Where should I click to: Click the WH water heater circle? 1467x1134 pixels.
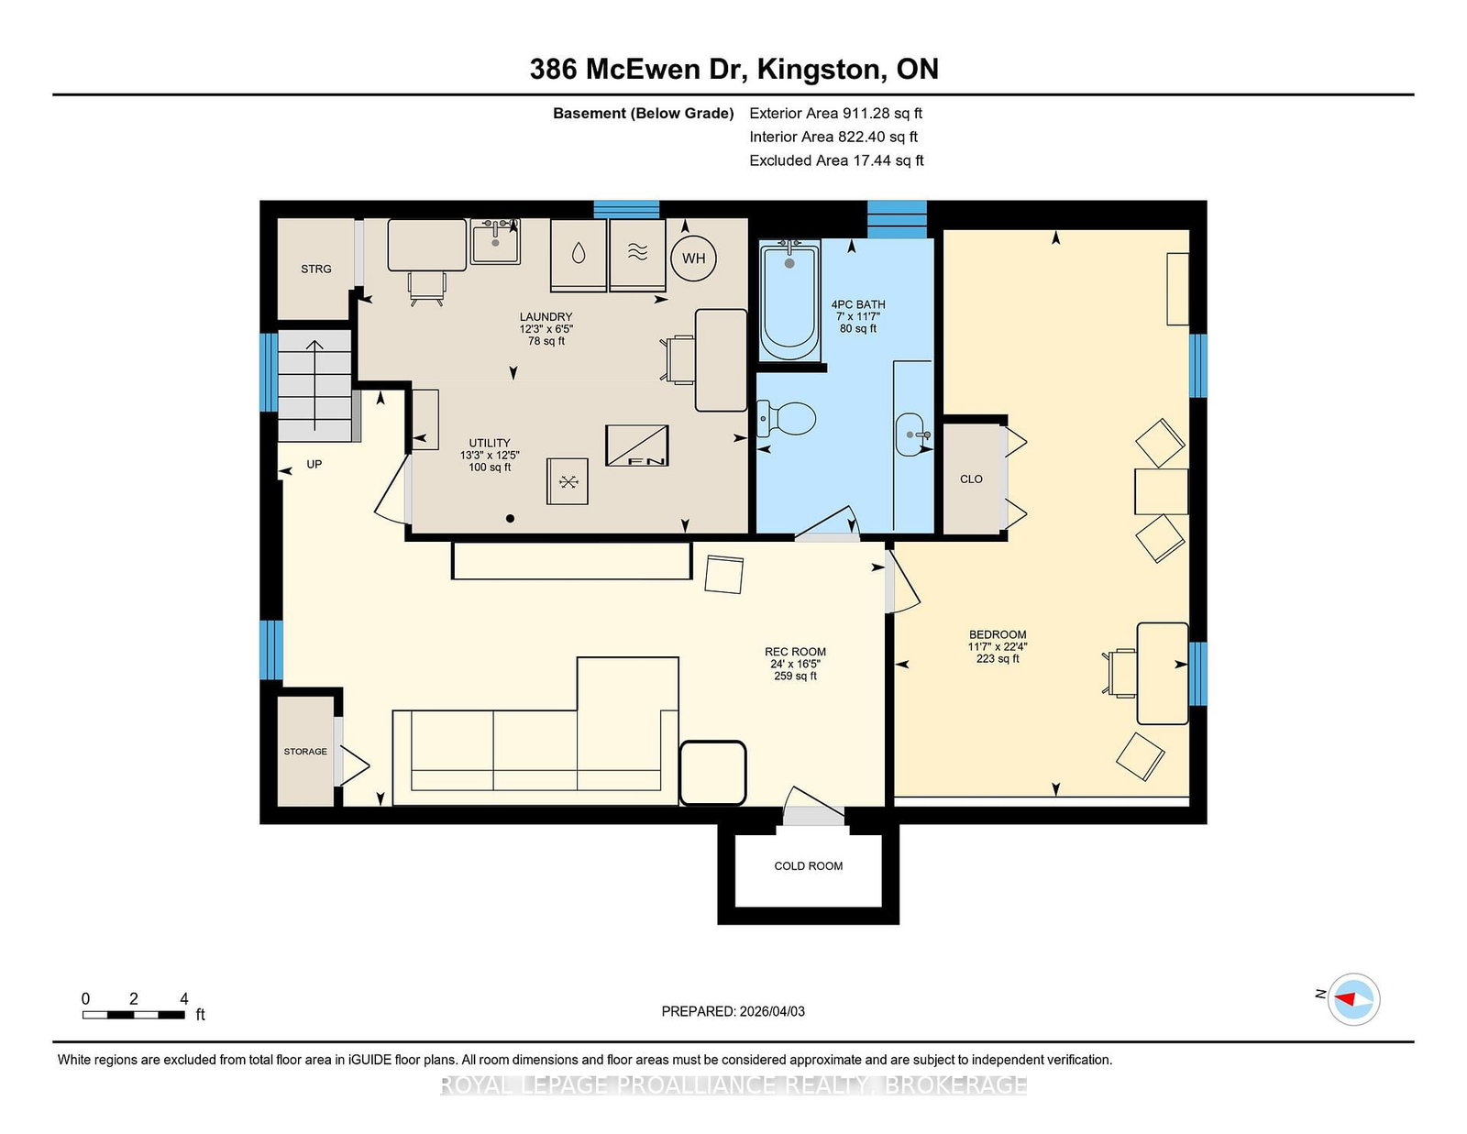click(x=693, y=258)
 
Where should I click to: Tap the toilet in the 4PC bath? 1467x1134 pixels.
click(x=786, y=419)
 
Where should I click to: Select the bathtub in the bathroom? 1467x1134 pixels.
click(x=789, y=301)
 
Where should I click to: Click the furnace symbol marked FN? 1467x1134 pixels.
click(x=636, y=446)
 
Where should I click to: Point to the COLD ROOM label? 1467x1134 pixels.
click(x=808, y=866)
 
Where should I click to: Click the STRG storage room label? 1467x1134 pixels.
click(x=316, y=269)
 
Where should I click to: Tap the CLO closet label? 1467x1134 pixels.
click(x=971, y=479)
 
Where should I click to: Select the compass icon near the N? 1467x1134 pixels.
click(x=1353, y=999)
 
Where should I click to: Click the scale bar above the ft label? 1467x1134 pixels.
click(x=134, y=1015)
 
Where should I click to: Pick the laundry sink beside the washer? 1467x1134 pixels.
click(x=495, y=242)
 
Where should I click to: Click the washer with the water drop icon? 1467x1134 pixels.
click(x=579, y=255)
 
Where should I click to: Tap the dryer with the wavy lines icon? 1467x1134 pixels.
click(x=637, y=255)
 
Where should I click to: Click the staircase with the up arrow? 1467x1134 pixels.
click(x=315, y=385)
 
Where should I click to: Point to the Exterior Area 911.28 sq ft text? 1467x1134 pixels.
click(x=836, y=114)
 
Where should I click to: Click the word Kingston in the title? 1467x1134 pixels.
click(x=822, y=70)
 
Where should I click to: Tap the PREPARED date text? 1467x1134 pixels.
click(x=733, y=1011)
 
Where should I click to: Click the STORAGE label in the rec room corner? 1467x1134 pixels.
click(x=305, y=752)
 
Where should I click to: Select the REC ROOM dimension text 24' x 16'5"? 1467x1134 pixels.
click(x=795, y=665)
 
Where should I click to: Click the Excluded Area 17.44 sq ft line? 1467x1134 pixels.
click(x=836, y=160)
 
